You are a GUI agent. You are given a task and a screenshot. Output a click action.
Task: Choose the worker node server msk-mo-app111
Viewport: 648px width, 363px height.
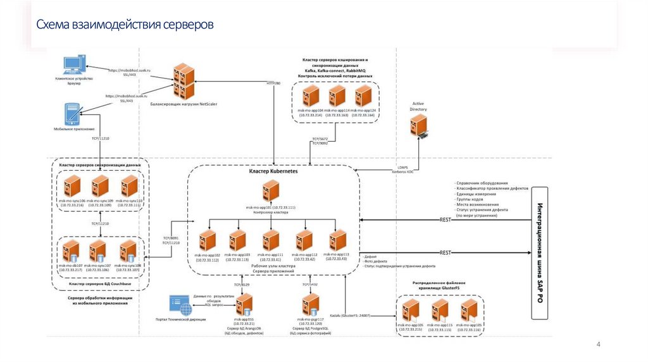[271, 241]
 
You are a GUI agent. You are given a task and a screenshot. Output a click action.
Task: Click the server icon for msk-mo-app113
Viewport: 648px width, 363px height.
[337, 241]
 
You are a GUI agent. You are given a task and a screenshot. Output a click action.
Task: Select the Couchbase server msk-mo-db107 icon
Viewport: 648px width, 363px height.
[70, 251]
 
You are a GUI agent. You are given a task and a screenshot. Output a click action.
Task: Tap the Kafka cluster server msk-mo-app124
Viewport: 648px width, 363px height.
[363, 97]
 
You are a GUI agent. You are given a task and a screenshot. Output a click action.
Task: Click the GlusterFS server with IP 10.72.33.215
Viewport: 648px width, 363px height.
[411, 311]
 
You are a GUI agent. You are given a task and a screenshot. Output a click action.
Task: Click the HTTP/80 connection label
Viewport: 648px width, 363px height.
[273, 83]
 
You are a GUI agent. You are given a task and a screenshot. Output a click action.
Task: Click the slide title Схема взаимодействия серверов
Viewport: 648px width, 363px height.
[124, 25]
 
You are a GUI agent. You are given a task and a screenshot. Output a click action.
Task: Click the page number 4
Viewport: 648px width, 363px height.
[598, 344]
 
